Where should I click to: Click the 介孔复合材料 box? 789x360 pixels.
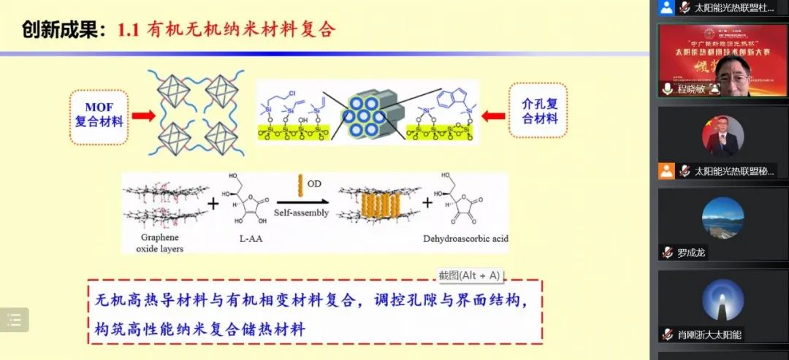539,110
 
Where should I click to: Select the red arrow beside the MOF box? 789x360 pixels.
143,115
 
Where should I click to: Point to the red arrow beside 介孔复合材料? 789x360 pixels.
495,115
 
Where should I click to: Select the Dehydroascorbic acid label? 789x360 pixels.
465,239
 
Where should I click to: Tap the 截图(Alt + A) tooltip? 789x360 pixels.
469,275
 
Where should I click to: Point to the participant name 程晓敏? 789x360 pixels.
691,88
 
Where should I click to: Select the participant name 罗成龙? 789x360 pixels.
691,253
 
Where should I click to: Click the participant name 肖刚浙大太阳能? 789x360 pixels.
709,334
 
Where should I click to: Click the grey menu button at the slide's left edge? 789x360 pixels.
14,319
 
